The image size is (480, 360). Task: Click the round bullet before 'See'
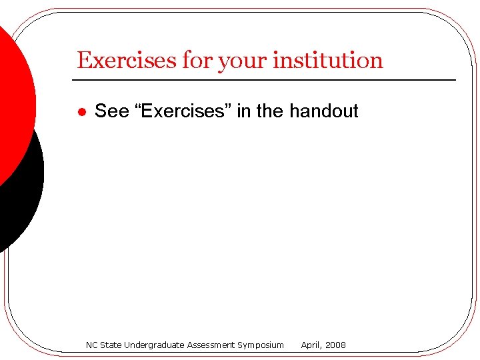81,112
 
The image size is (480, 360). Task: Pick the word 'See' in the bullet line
111,111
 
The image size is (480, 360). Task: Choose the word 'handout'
324,111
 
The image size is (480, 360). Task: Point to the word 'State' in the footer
112,345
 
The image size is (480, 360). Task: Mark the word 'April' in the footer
312,345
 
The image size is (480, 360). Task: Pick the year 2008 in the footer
336,345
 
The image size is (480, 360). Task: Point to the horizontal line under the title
267,80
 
